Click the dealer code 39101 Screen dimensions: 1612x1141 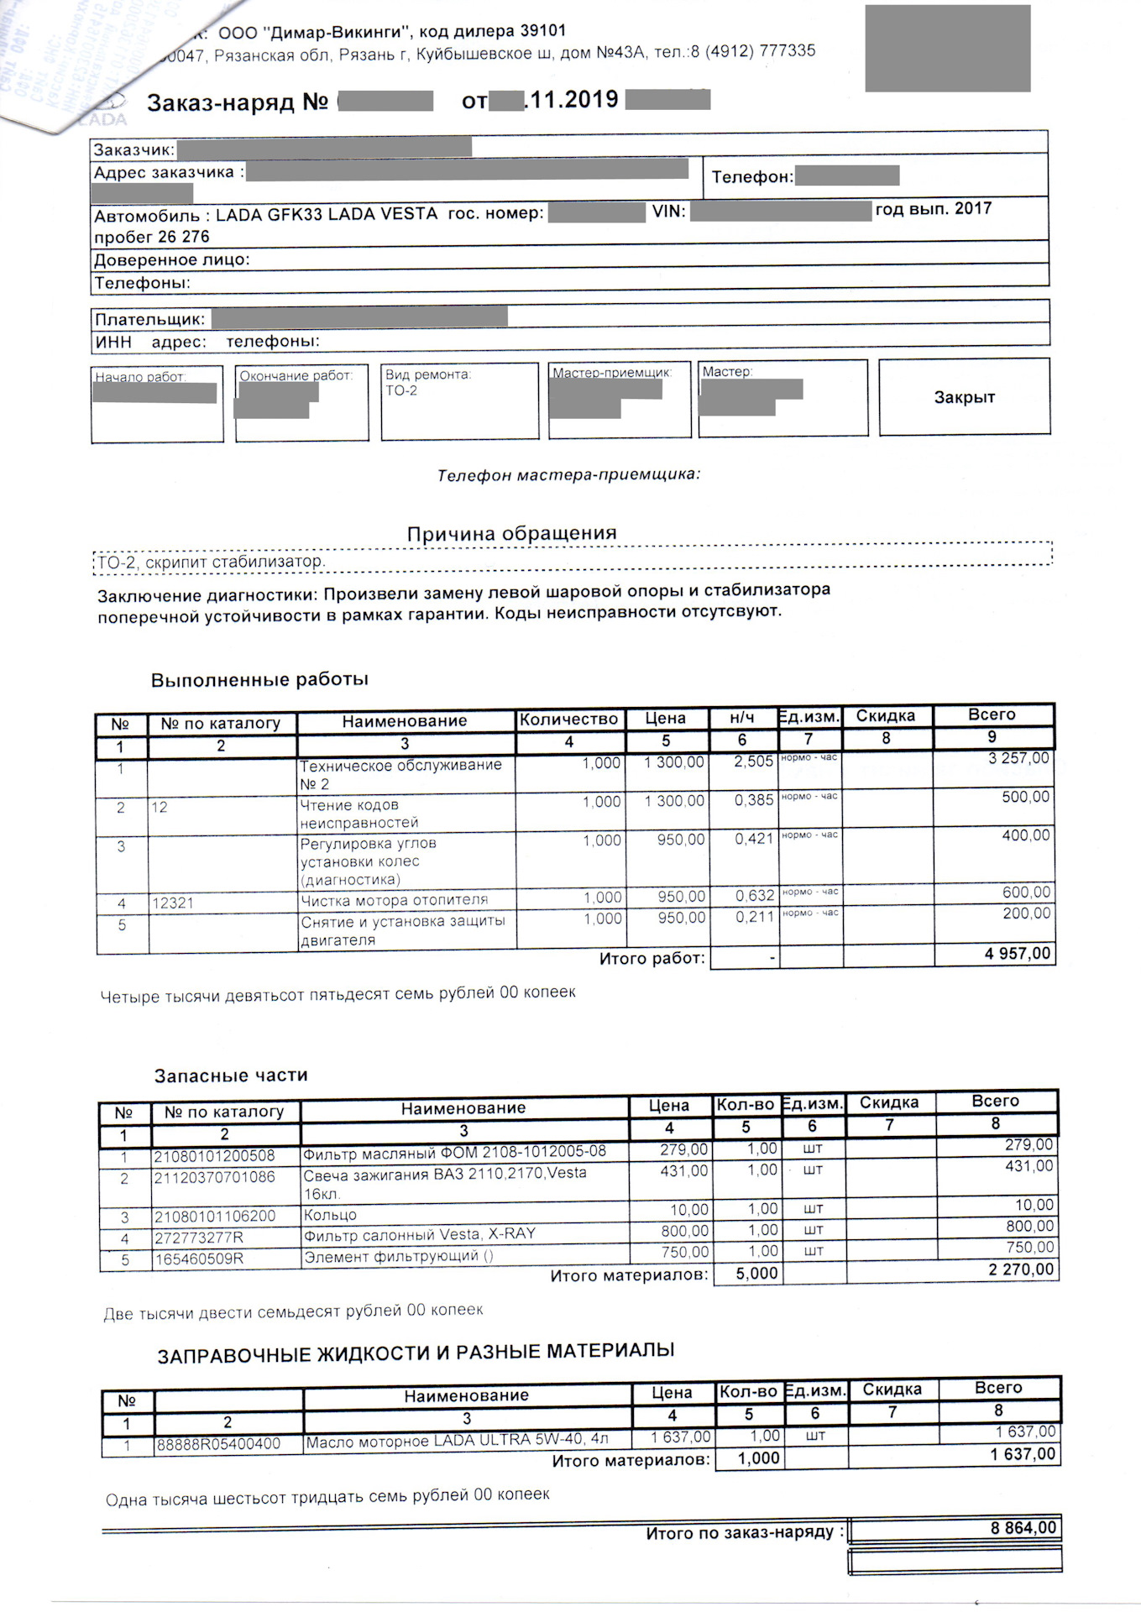point(542,31)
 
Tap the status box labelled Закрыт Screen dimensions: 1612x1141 point(964,397)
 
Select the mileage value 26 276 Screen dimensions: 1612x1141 point(183,238)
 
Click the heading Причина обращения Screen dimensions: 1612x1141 point(511,534)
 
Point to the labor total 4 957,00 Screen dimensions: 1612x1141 point(1017,954)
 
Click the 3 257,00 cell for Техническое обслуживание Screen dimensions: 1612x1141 point(1018,758)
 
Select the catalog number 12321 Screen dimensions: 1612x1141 point(173,903)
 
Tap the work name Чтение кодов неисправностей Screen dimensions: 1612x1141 point(359,814)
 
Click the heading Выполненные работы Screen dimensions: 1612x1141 point(259,679)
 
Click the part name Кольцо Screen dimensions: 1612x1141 point(330,1215)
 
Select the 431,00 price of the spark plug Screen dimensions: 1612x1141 point(683,1170)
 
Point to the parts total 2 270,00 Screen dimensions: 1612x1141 point(1020,1269)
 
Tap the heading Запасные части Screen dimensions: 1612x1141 point(231,1076)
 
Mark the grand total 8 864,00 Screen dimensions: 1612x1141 point(1023,1528)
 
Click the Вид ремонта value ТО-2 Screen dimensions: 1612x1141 point(401,391)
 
